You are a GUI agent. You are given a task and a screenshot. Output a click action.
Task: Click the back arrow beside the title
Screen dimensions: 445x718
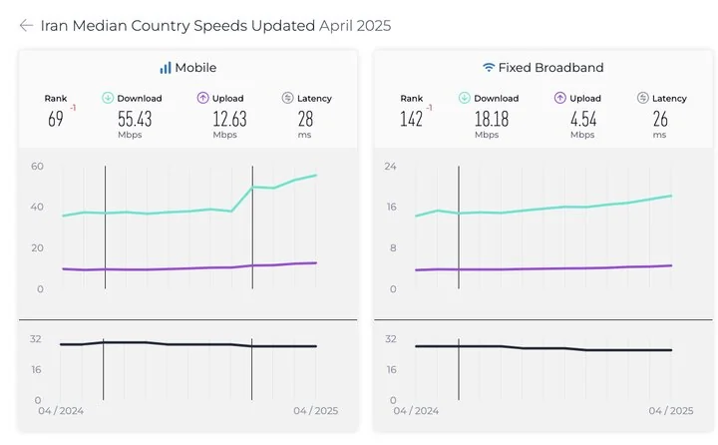click(26, 26)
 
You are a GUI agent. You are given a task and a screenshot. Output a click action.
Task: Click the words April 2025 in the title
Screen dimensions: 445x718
click(354, 26)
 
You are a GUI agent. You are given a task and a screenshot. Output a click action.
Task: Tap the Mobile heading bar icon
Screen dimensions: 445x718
click(166, 68)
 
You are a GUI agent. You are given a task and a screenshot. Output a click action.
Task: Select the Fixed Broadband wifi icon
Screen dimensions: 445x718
click(489, 68)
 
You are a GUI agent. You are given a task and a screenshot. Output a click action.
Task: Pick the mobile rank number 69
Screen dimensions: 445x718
click(56, 119)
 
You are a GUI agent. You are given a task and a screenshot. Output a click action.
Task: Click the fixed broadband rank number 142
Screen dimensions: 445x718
click(412, 119)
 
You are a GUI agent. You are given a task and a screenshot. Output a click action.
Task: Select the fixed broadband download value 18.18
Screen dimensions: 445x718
click(487, 119)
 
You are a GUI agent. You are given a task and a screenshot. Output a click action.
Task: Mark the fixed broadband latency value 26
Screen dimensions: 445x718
click(661, 119)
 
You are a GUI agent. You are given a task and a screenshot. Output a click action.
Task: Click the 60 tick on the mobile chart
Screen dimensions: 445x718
click(37, 166)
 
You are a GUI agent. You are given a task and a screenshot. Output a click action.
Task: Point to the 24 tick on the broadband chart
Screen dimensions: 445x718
click(391, 166)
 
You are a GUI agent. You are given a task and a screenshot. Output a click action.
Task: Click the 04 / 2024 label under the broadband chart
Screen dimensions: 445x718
click(415, 410)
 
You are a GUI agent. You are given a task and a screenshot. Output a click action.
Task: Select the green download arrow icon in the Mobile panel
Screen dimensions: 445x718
click(108, 98)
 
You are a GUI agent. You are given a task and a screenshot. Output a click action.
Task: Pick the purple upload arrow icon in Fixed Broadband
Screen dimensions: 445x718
click(560, 98)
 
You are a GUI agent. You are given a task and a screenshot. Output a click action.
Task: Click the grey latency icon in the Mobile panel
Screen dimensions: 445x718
click(288, 98)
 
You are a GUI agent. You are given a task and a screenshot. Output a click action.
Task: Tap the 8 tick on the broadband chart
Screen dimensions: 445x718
click(393, 247)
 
